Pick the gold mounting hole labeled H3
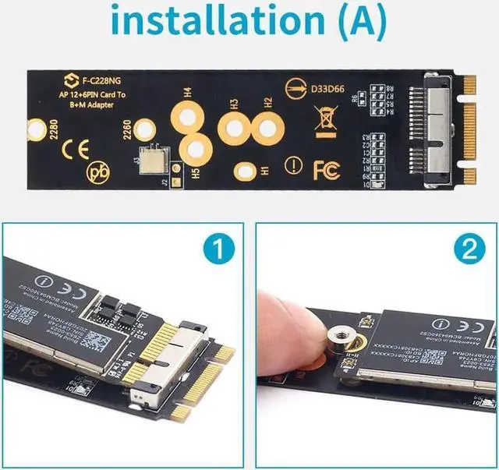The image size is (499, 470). [233, 127]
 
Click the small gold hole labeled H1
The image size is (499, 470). [246, 169]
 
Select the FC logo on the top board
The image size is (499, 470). [326, 169]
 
